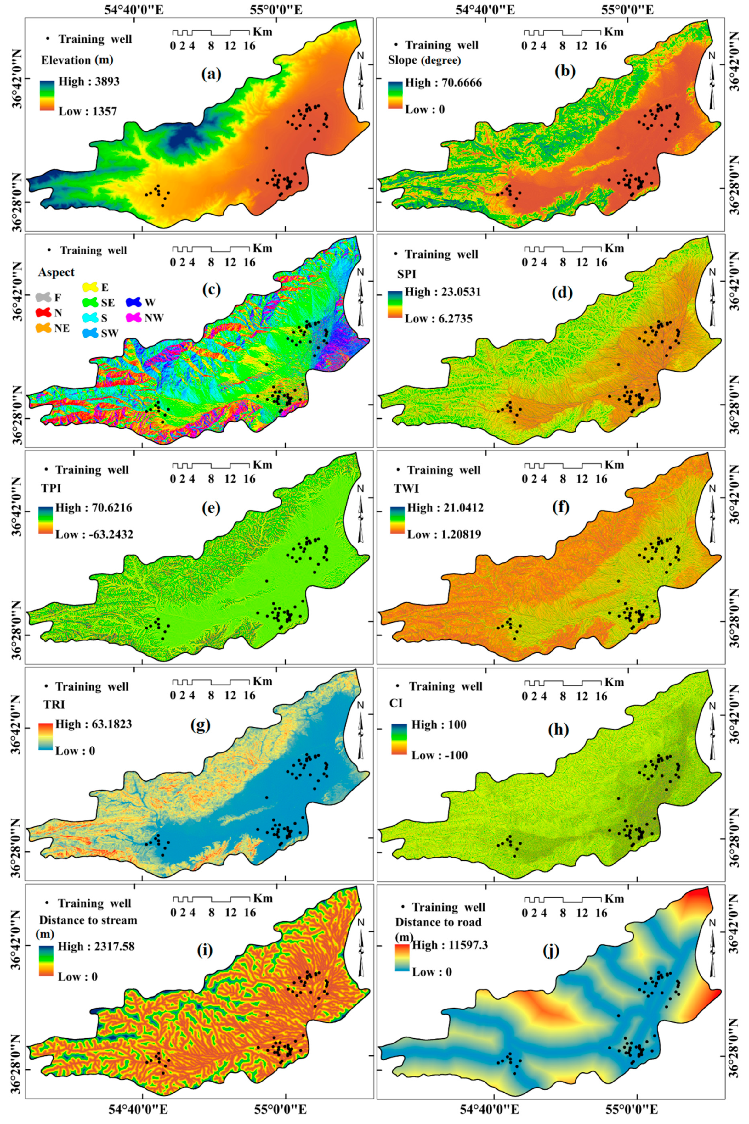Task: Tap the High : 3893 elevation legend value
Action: [x=89, y=81]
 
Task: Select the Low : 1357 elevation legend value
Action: [x=88, y=111]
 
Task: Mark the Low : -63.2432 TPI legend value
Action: [x=94, y=534]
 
